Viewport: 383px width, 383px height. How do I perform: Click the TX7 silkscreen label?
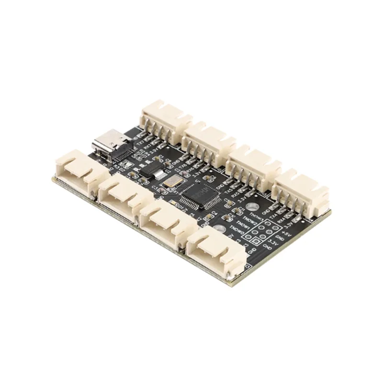140,142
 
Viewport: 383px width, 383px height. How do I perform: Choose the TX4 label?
274,215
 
